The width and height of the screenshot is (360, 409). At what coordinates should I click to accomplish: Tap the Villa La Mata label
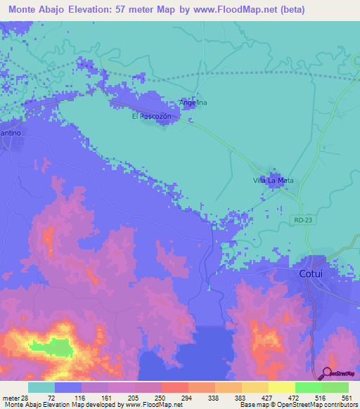(x=273, y=181)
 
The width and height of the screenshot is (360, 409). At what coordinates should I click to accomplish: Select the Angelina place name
(x=193, y=103)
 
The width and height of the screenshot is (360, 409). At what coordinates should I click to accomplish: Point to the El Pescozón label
(x=152, y=117)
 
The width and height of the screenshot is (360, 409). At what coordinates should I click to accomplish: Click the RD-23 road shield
(x=302, y=221)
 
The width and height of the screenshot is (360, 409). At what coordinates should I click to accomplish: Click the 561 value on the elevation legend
(x=346, y=397)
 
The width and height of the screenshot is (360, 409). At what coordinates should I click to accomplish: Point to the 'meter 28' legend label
(x=15, y=397)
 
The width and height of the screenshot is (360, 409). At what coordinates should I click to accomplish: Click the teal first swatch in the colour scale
(x=41, y=387)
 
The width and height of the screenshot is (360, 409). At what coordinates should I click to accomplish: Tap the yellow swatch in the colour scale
(x=282, y=387)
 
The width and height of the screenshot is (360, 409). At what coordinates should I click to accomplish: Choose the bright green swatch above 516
(x=309, y=387)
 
